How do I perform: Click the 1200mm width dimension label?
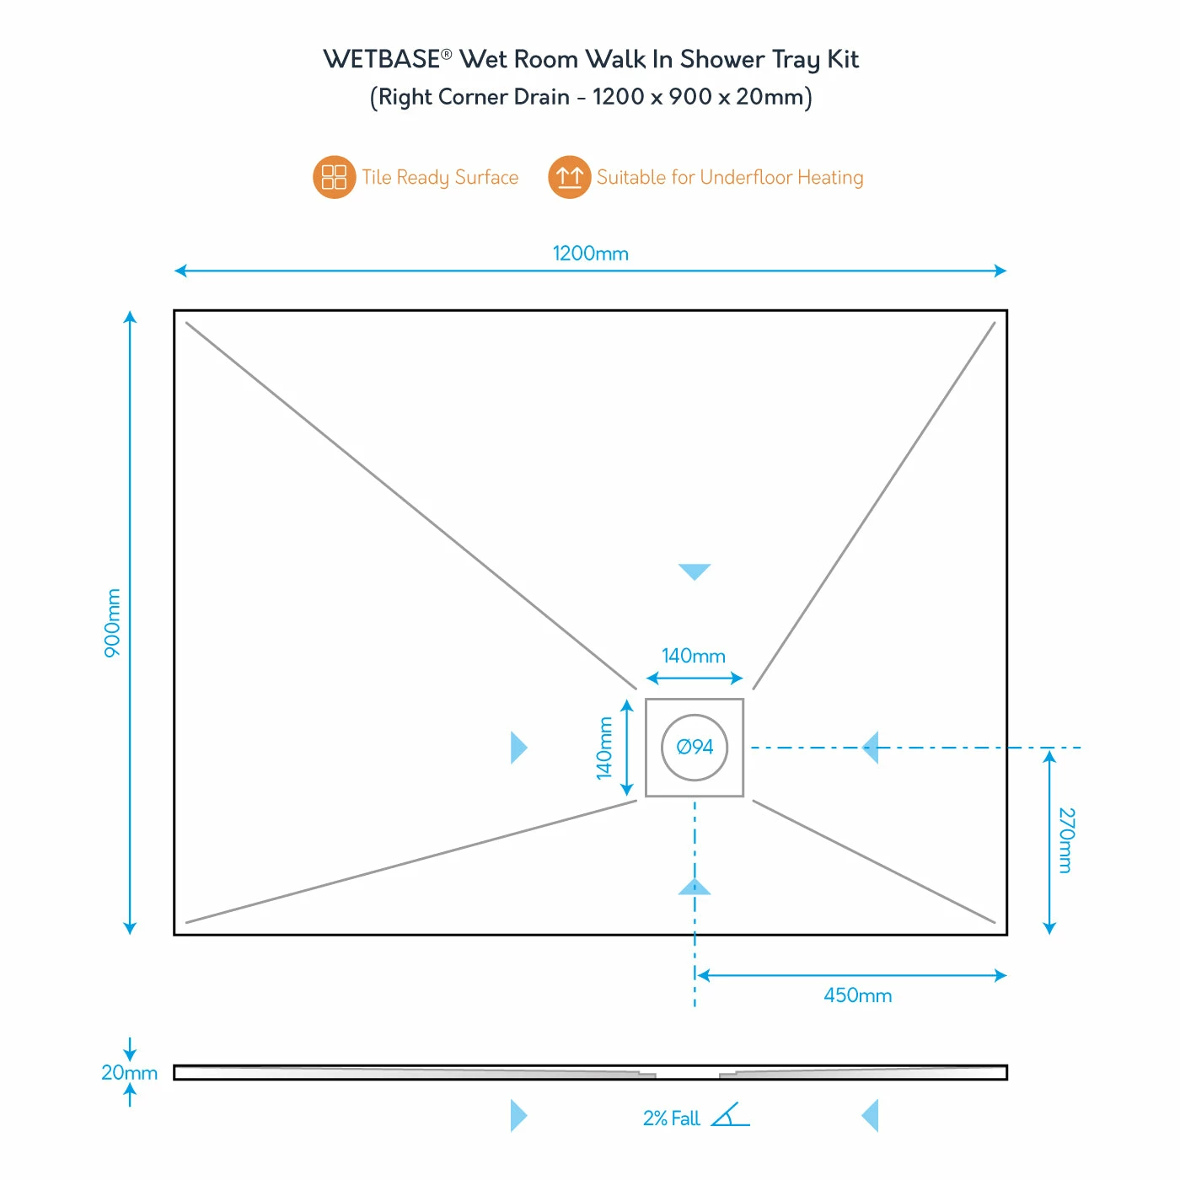[590, 254]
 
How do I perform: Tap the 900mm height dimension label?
[112, 623]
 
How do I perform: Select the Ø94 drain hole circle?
[695, 748]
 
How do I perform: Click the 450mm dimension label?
[857, 995]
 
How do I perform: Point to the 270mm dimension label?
[1066, 840]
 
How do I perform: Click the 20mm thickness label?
[129, 1073]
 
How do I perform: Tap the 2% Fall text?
[671, 1118]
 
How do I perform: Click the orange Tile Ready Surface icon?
[334, 178]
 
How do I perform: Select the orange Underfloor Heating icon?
[569, 178]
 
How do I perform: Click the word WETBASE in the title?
[382, 60]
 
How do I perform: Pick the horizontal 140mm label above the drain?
[693, 656]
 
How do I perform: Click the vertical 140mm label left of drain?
[604, 748]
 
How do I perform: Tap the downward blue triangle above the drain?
[695, 571]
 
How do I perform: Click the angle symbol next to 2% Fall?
[730, 1115]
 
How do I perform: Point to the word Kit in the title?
[842, 60]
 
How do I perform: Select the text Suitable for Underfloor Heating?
[730, 178]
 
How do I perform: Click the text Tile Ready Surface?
[440, 178]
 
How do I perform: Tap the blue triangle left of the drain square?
[518, 748]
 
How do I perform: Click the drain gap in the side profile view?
[687, 1074]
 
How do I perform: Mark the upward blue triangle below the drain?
[695, 887]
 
